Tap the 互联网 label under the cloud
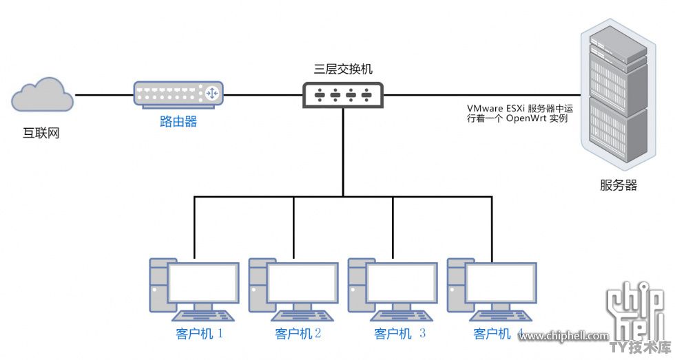pos(41,133)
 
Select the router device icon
pos(178,94)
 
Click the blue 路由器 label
pos(178,121)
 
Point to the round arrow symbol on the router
pos(212,93)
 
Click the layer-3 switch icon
pos(343,94)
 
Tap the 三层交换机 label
pos(343,69)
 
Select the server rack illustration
pos(619,91)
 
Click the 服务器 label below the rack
pos(619,185)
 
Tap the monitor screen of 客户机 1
pos(204,283)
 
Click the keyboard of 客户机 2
pos(302,316)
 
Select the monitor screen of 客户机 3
pos(402,283)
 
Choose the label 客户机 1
pos(199,333)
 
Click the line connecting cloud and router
pos(105,95)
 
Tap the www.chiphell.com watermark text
pos(563,336)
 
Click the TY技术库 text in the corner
pos(641,348)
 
